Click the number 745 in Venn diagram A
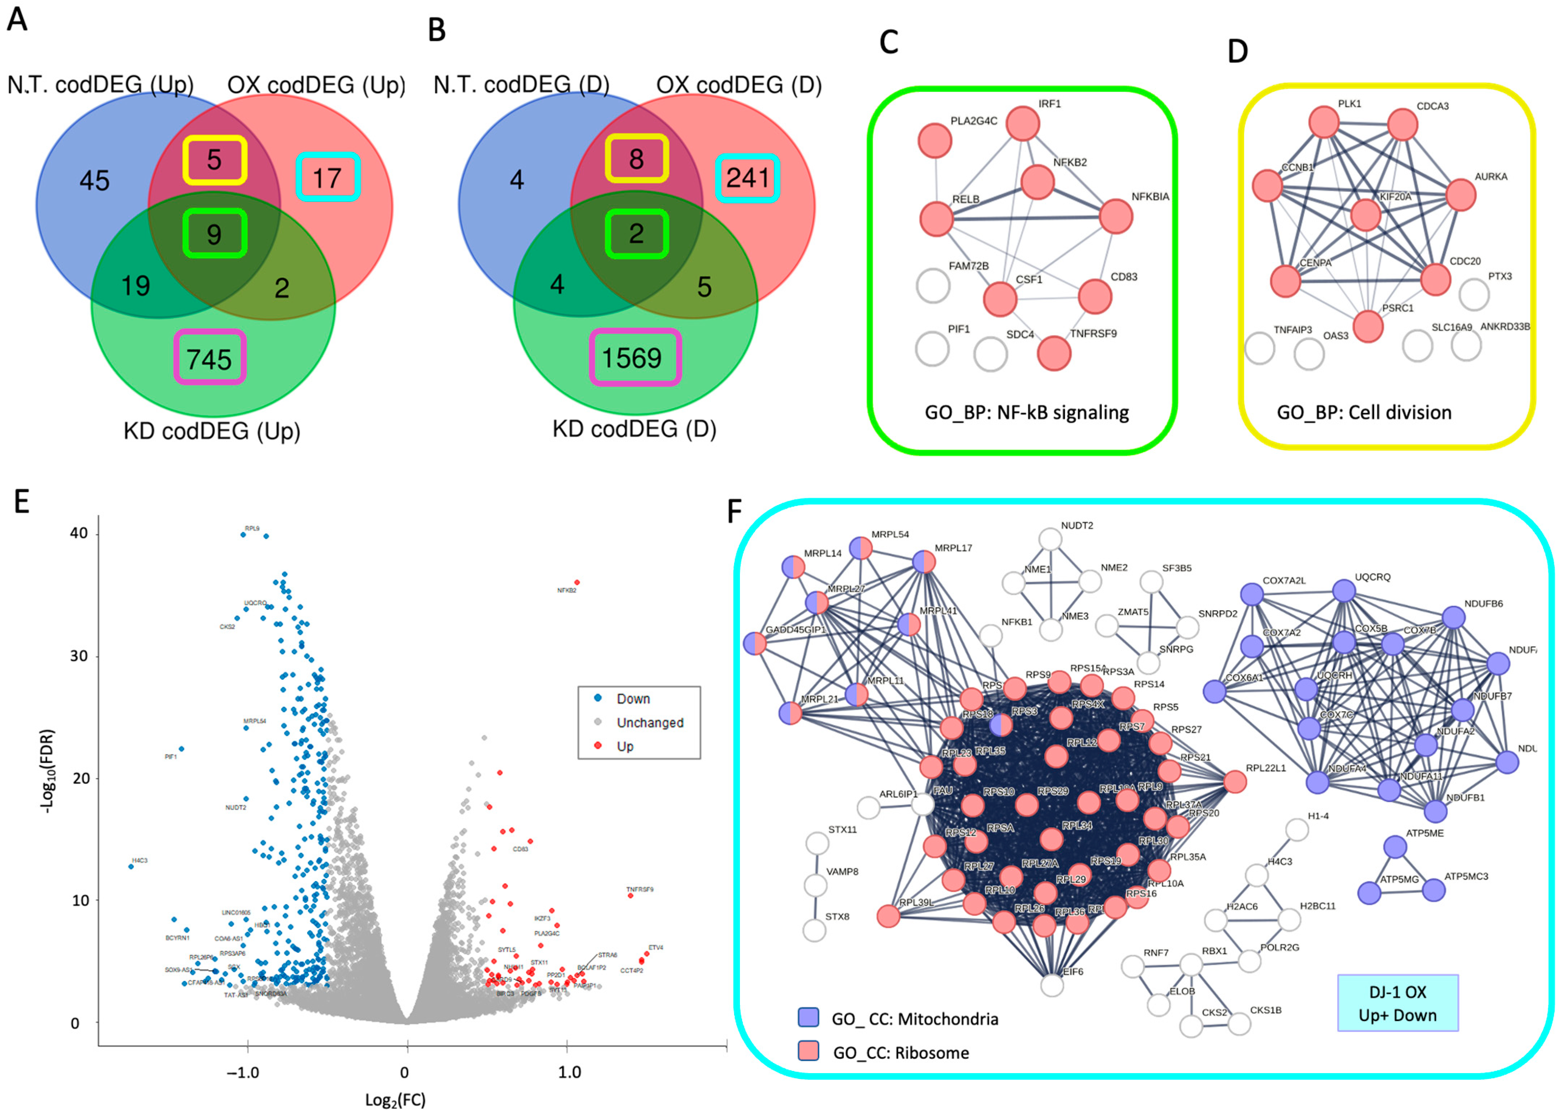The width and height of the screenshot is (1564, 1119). point(209,359)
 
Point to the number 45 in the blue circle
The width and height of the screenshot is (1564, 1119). point(94,181)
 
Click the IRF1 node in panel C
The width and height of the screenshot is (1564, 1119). point(1022,124)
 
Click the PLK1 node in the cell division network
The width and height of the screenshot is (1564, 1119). point(1323,122)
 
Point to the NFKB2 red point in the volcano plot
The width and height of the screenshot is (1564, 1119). point(577,582)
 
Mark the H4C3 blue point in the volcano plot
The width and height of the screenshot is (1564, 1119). point(131,866)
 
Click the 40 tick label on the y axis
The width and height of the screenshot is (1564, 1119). point(79,533)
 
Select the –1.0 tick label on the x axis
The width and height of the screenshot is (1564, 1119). point(243,1073)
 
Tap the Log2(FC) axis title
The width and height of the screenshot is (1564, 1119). point(395,1100)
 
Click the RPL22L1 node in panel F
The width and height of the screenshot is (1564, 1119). point(1235,781)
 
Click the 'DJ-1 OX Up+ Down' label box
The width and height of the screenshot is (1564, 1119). point(1397,1003)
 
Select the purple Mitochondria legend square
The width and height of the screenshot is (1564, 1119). point(808,1017)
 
